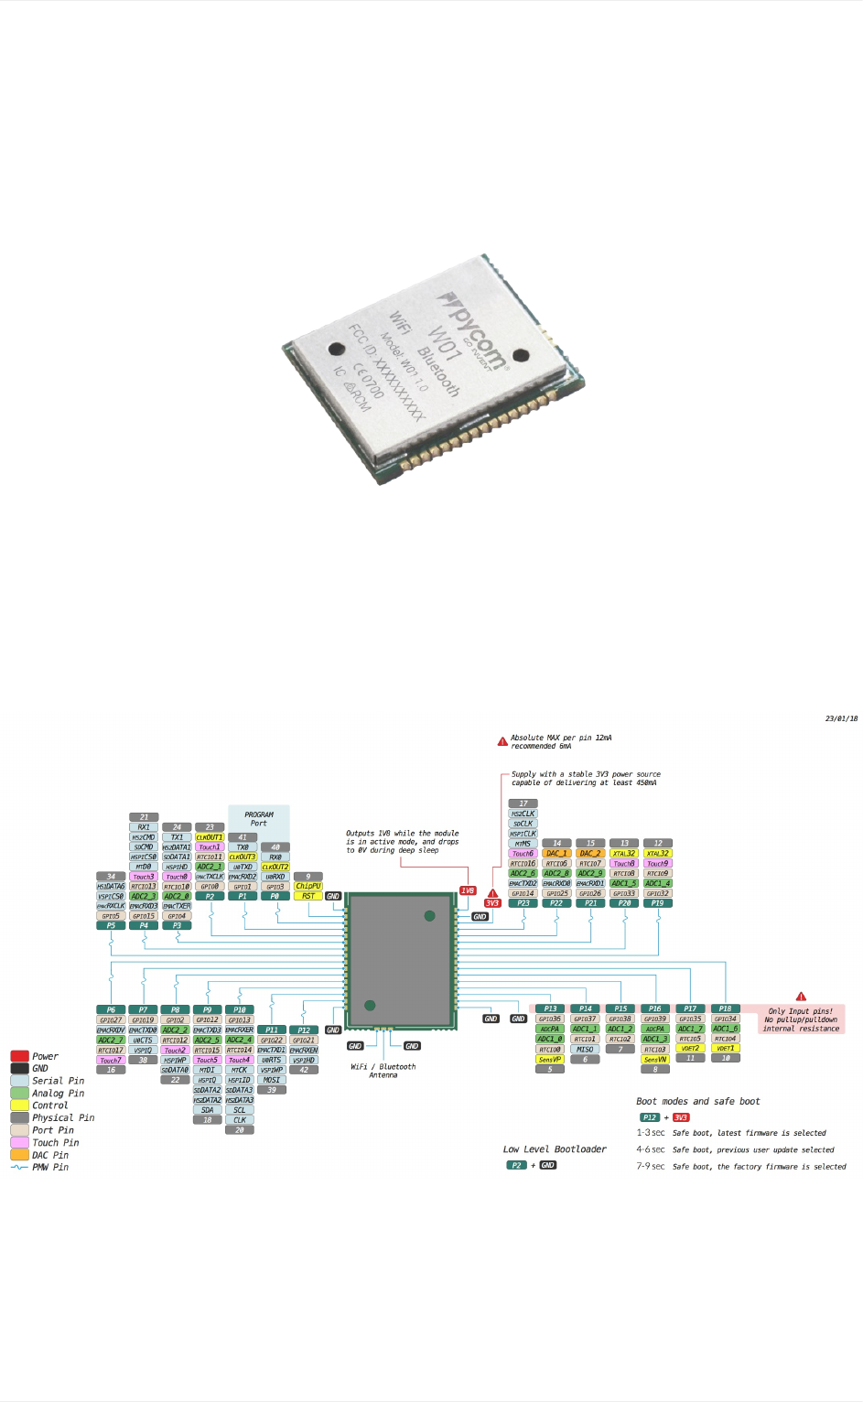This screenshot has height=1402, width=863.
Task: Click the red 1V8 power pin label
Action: click(x=468, y=890)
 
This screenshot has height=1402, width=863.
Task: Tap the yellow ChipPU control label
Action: click(x=308, y=886)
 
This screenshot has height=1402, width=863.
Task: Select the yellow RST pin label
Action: click(x=308, y=896)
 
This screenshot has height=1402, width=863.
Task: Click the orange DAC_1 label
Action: click(x=556, y=853)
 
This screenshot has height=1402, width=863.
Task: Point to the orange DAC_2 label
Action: click(x=590, y=853)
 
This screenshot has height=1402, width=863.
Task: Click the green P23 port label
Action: click(x=523, y=903)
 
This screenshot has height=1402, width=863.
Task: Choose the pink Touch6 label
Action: click(x=523, y=853)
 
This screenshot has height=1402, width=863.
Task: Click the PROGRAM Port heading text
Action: click(x=259, y=818)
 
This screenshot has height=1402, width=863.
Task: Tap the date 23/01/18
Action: click(x=841, y=719)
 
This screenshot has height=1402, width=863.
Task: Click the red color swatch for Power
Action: click(x=19, y=1056)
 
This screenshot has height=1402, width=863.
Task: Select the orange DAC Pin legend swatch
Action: click(x=19, y=1155)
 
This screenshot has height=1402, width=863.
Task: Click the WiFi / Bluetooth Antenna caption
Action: click(x=383, y=1071)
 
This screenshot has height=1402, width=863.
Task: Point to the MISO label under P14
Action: click(x=585, y=1050)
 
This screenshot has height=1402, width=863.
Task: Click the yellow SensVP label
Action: click(x=549, y=1060)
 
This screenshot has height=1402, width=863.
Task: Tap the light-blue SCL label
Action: click(x=240, y=1110)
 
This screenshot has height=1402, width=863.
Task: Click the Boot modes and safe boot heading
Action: click(x=697, y=1102)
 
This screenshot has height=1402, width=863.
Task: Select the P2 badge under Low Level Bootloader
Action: click(x=516, y=1165)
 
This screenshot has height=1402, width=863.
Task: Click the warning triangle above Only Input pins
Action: click(x=801, y=997)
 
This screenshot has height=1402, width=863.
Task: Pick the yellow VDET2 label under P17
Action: click(x=690, y=1049)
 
